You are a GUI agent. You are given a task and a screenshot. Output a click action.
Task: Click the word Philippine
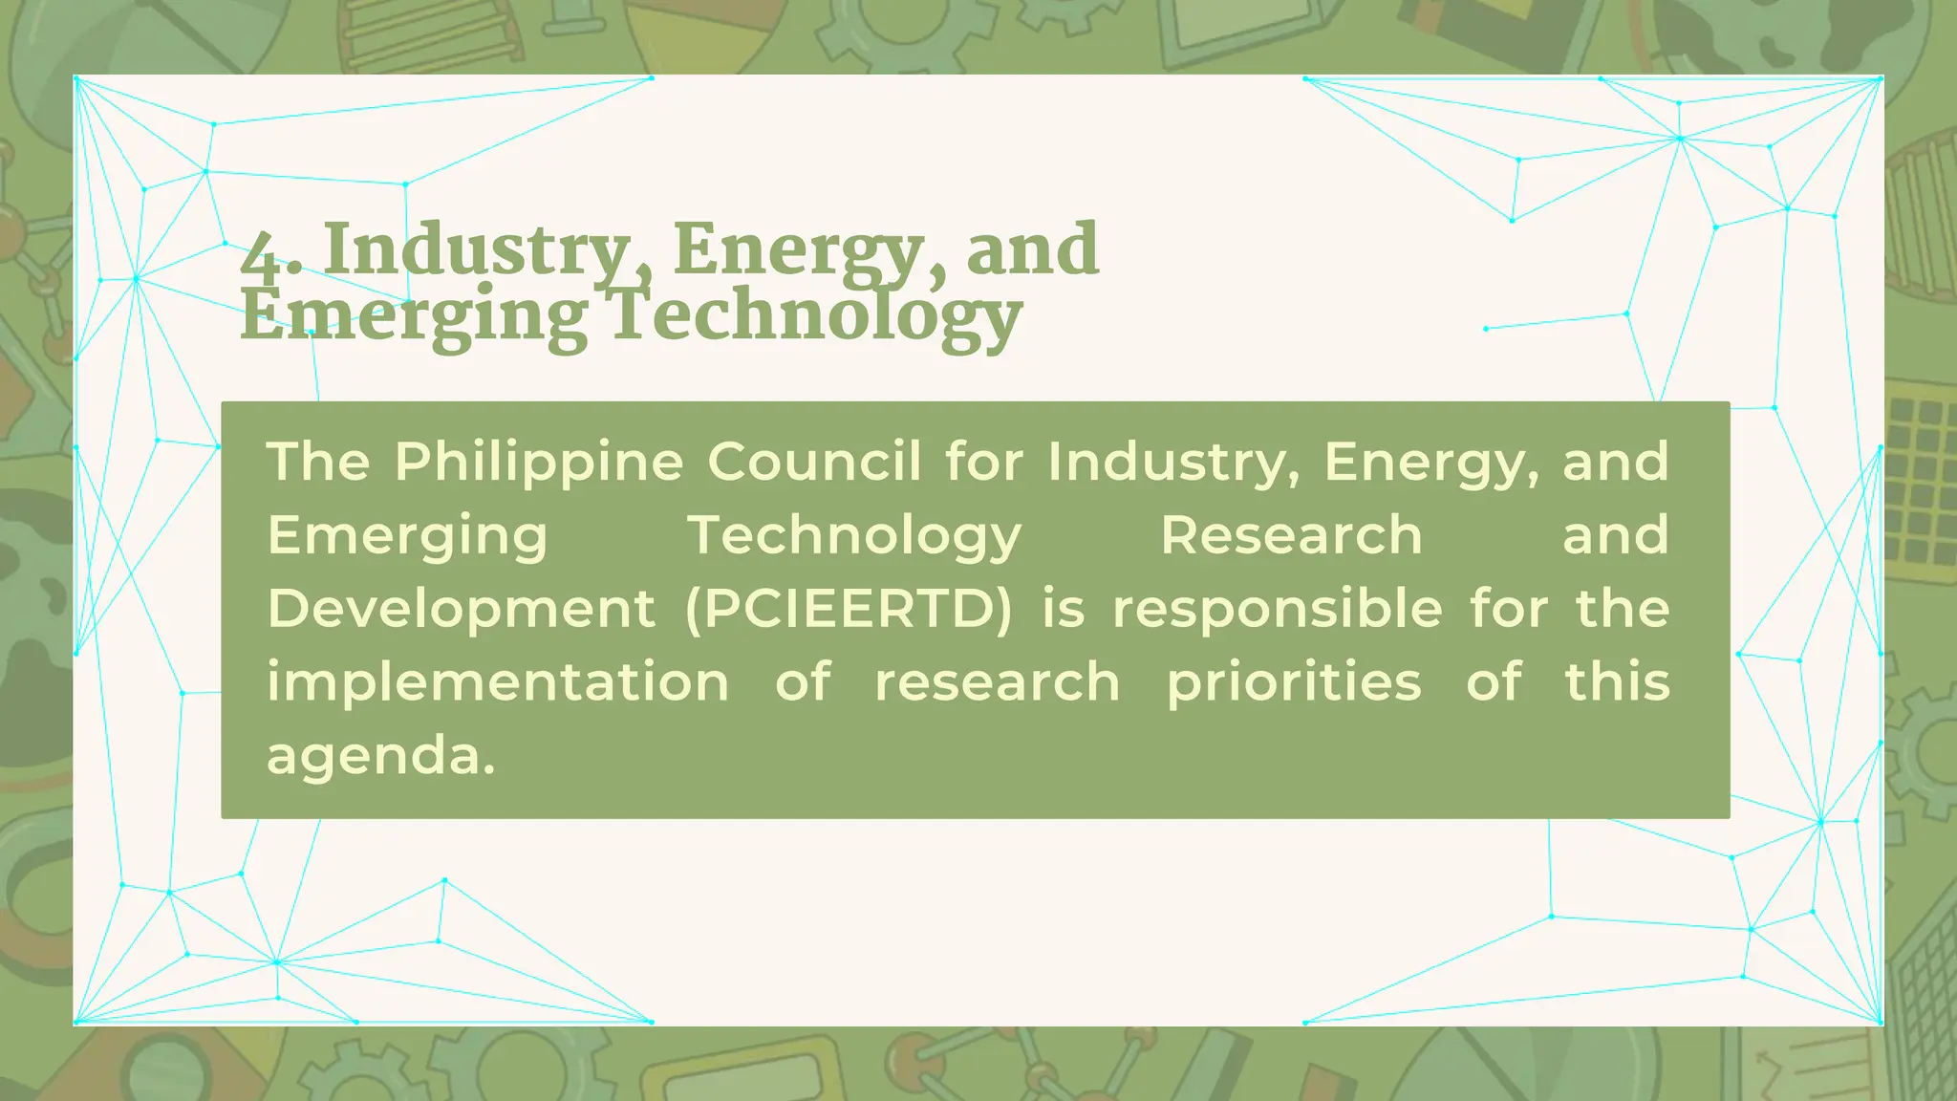tap(539, 463)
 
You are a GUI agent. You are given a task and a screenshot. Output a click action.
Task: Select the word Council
tap(815, 463)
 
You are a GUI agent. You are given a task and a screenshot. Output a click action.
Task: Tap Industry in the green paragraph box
tap(1173, 463)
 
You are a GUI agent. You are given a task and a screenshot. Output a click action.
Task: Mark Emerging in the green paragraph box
tap(407, 536)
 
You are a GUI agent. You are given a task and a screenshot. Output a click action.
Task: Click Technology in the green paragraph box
tap(855, 536)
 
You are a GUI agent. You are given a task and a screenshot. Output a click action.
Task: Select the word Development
tap(462, 609)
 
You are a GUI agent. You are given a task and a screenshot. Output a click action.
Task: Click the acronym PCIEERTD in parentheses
tap(849, 609)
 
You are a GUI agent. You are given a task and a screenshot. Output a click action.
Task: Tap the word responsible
tap(1278, 609)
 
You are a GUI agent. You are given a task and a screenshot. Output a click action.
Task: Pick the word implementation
tap(498, 682)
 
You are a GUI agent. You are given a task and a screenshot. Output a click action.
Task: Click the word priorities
tap(1294, 682)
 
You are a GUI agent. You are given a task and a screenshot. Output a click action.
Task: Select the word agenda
tap(380, 756)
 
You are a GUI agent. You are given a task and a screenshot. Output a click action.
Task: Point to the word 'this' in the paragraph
tap(1617, 682)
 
